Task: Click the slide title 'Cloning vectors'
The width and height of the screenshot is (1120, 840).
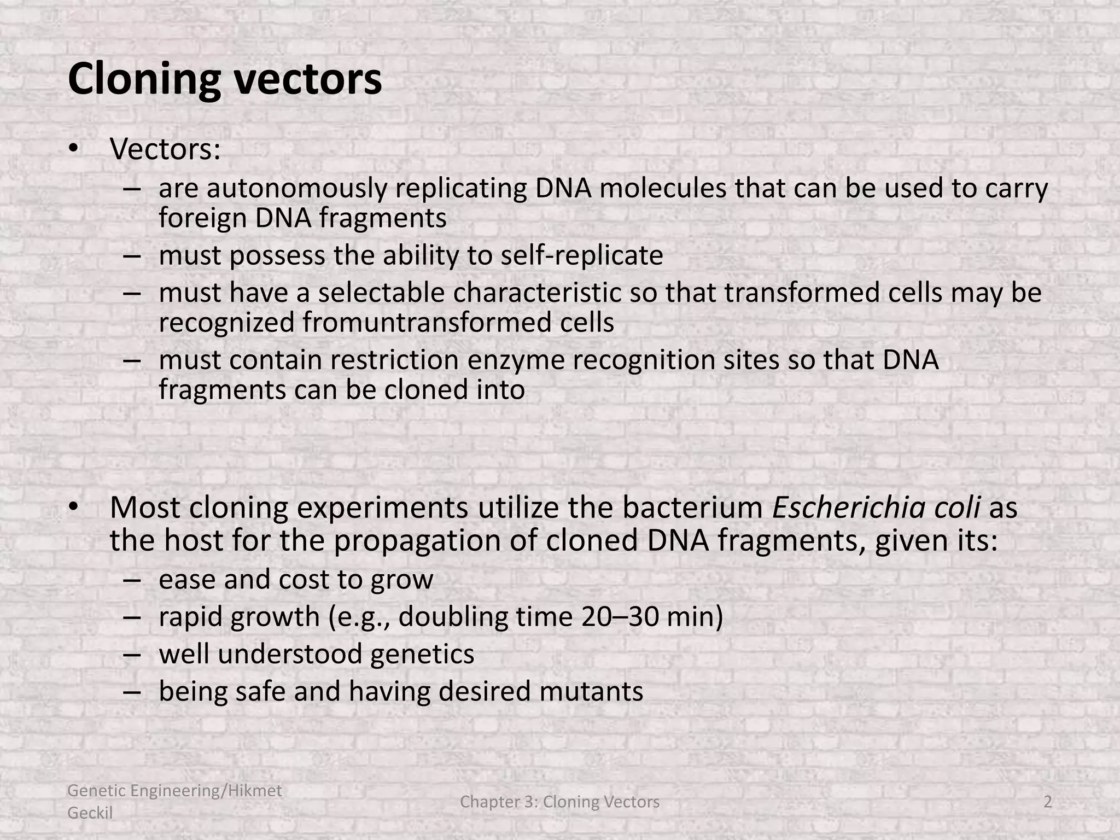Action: click(x=225, y=79)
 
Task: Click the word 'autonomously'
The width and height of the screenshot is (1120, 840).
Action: click(x=296, y=188)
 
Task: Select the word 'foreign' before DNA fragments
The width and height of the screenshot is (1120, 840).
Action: click(x=203, y=218)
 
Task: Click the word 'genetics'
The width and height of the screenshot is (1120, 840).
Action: click(x=422, y=654)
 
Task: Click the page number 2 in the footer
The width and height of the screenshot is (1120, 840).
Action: click(x=1048, y=802)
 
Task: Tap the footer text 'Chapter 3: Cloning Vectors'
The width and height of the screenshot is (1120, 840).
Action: click(x=560, y=802)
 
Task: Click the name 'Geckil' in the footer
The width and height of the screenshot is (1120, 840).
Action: click(x=90, y=813)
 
